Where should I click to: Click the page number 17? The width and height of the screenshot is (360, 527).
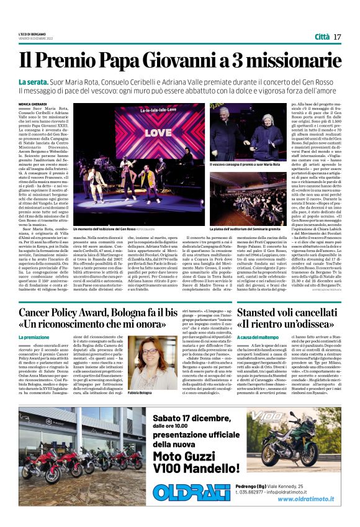tap(337, 37)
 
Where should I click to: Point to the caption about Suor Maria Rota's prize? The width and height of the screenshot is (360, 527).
tap(261, 164)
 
